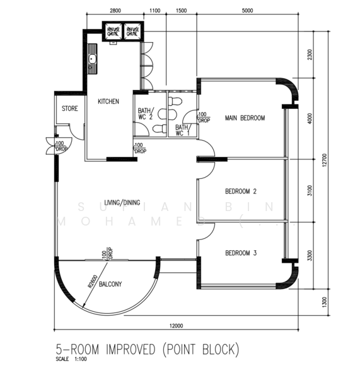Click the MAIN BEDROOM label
point(245,118)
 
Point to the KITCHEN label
point(108,101)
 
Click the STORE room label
point(69,109)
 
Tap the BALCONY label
point(110,284)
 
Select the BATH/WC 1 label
point(183,130)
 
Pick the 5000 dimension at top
point(247,11)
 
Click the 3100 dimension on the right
point(309,190)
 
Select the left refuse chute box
point(114,31)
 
